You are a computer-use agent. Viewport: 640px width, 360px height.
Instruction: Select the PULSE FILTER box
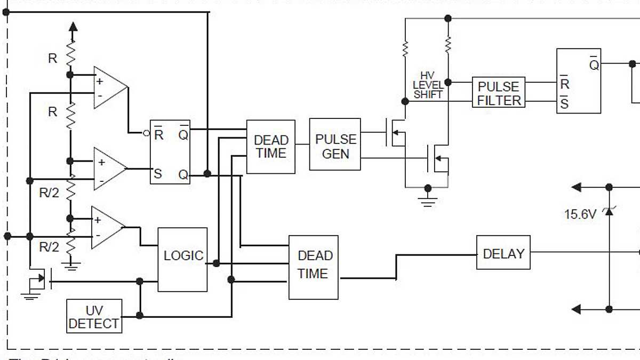pos(499,93)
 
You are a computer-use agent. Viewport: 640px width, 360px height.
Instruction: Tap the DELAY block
pos(503,252)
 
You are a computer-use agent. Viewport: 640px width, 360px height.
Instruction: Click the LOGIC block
pos(182,259)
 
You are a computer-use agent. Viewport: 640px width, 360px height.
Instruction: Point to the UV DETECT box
pos(94,316)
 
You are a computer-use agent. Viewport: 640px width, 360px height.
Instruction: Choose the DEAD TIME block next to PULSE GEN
pos(270,147)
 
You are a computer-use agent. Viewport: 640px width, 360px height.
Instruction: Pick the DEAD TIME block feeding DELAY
pos(313,267)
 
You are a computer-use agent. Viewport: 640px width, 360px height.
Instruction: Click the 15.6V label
pos(580,214)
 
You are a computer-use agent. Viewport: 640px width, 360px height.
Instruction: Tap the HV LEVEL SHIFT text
pos(428,85)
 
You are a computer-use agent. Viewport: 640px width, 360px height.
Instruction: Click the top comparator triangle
pos(109,87)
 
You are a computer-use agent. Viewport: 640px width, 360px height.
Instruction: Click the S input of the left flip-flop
pos(158,173)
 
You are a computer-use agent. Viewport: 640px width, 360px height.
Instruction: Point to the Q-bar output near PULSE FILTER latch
pos(594,64)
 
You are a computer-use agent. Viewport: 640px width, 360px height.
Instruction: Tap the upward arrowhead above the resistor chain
pos(73,27)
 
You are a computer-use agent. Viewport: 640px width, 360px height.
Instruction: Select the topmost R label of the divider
pos(52,59)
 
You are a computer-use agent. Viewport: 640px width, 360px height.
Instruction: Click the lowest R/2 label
pos(50,247)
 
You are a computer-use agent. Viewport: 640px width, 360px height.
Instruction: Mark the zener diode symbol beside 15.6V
pos(609,212)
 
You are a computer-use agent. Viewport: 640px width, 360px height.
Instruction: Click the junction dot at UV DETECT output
pos(140,315)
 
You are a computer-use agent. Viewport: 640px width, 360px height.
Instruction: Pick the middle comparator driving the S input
pos(109,168)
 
